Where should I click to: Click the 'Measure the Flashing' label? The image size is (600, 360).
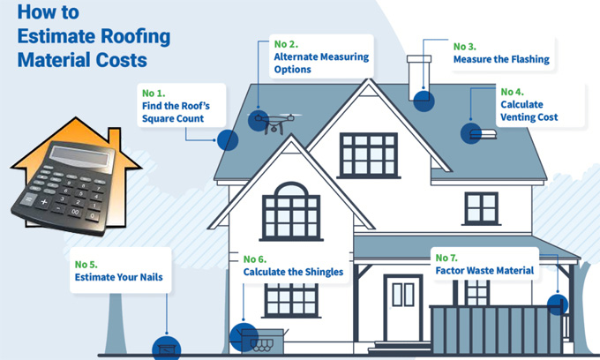(x=500, y=60)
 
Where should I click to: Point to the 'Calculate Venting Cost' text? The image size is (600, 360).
(x=529, y=110)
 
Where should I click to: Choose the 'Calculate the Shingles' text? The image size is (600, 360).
(x=293, y=272)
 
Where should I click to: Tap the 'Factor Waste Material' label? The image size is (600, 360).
(x=484, y=271)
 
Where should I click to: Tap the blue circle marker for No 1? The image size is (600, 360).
(x=228, y=139)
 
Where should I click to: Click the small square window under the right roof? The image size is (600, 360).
(x=482, y=208)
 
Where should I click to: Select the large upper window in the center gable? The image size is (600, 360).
(x=369, y=154)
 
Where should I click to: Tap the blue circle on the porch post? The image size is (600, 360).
(x=556, y=305)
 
